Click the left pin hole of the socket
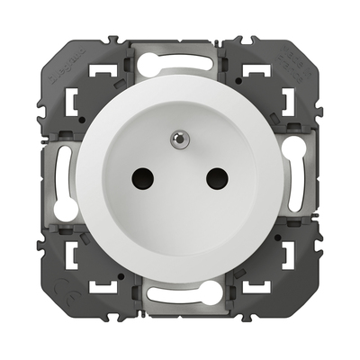(x=144, y=178)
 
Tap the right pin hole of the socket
(x=216, y=178)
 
